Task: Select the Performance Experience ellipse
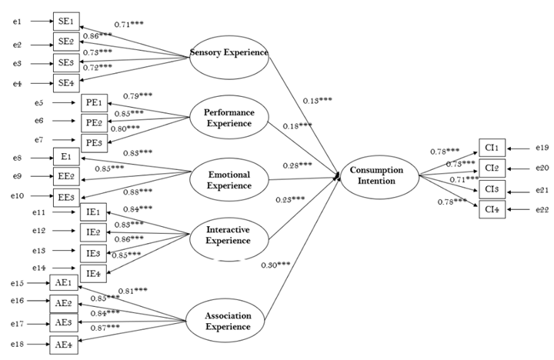coord(229,117)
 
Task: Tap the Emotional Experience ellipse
coord(229,179)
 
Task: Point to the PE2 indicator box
coord(92,122)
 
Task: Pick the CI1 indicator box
coord(492,148)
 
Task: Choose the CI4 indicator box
coord(492,209)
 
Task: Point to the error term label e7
coord(39,140)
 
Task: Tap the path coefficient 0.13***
coord(316,101)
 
